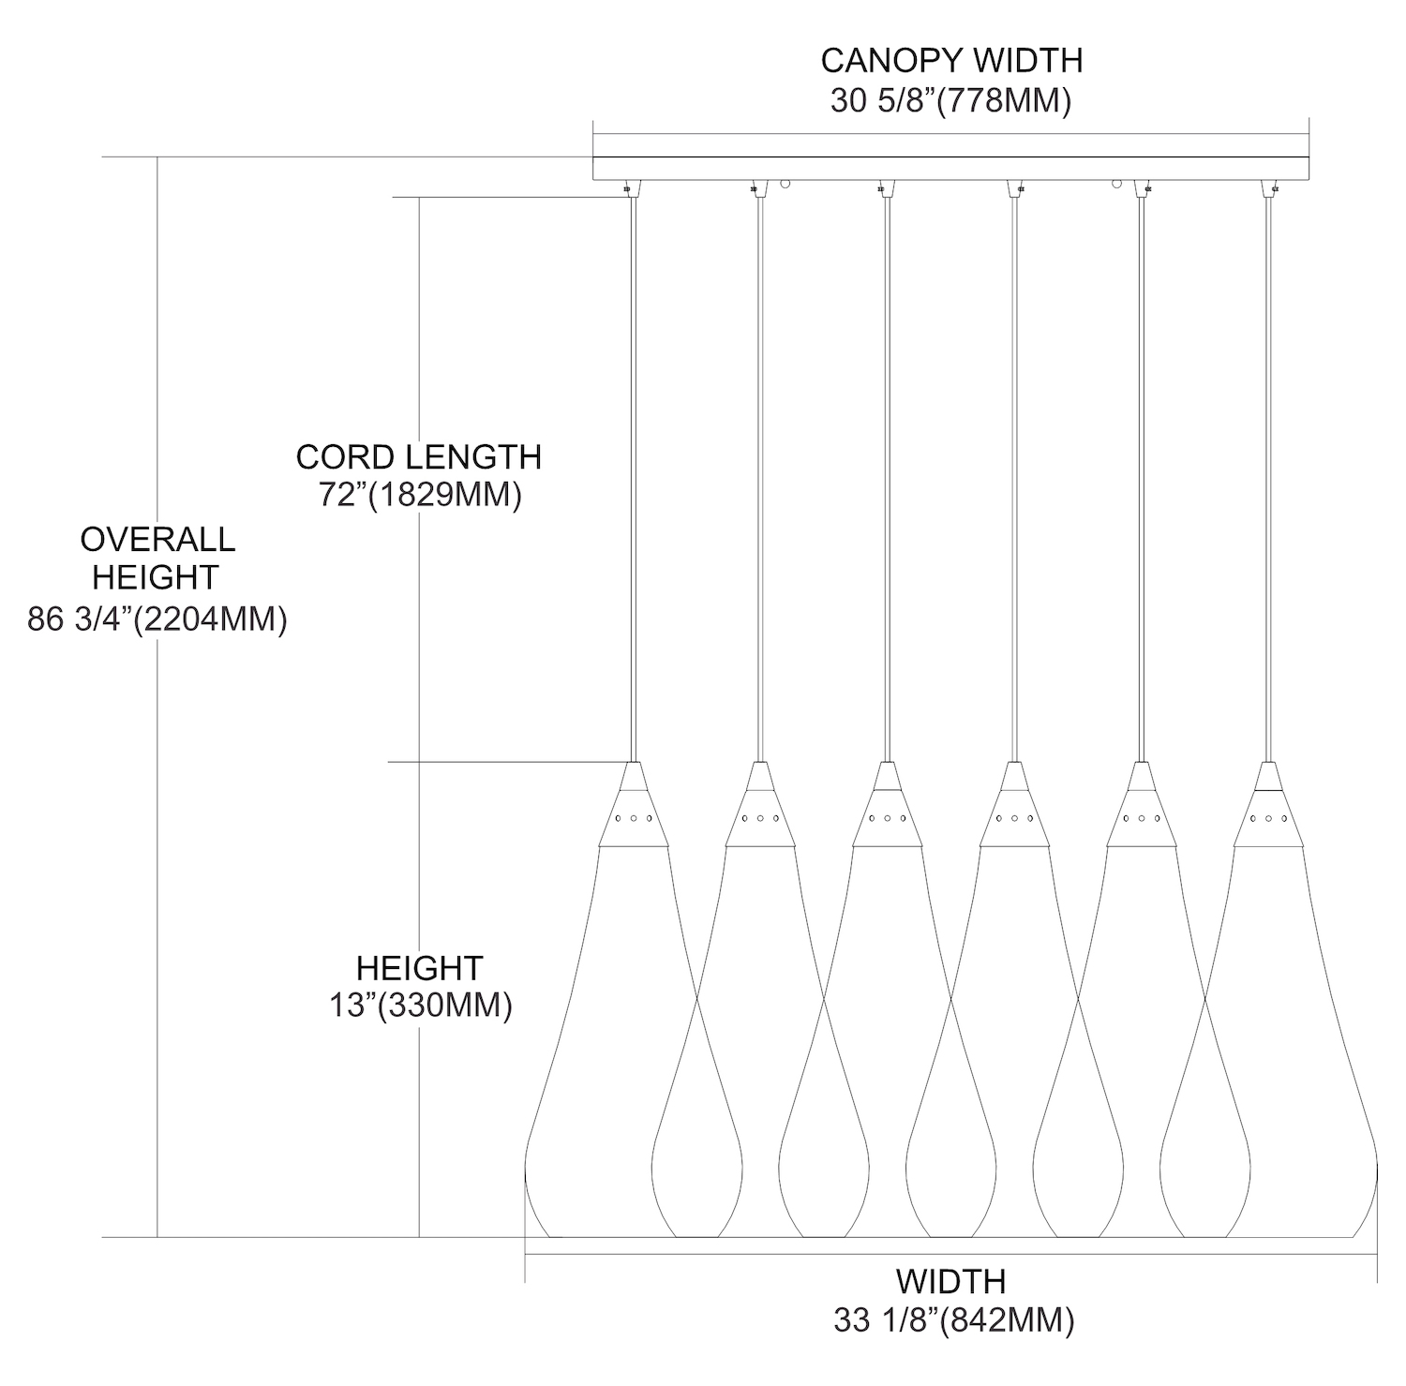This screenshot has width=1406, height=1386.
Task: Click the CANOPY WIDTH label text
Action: [951, 61]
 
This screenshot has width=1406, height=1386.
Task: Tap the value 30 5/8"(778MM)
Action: [950, 101]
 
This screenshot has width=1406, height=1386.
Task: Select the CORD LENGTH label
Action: [418, 457]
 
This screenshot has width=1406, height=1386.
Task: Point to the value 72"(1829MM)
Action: [420, 495]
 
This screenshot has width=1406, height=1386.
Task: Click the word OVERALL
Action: [157, 540]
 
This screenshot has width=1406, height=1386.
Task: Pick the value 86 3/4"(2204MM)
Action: [157, 619]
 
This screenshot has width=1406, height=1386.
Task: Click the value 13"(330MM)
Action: [420, 1006]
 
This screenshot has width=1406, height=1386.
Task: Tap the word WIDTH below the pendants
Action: [950, 1281]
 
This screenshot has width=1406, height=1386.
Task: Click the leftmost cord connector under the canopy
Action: [629, 187]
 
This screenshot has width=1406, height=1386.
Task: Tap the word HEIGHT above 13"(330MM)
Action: [419, 968]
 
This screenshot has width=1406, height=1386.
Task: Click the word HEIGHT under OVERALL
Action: [156, 578]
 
